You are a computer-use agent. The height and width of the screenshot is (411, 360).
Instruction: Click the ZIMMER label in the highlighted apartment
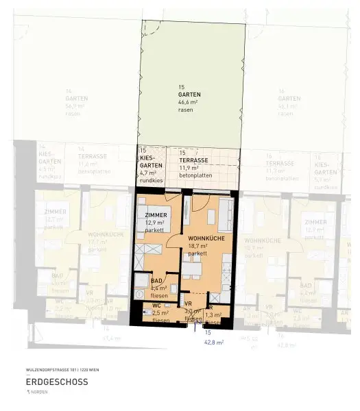[156, 216]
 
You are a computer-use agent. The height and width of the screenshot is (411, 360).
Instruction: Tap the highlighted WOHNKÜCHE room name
[206, 238]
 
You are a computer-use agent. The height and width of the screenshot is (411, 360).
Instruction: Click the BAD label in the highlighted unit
[156, 281]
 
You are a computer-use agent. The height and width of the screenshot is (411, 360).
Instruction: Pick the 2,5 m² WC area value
[159, 313]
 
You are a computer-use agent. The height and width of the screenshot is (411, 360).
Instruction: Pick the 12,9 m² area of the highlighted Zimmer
[156, 223]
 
